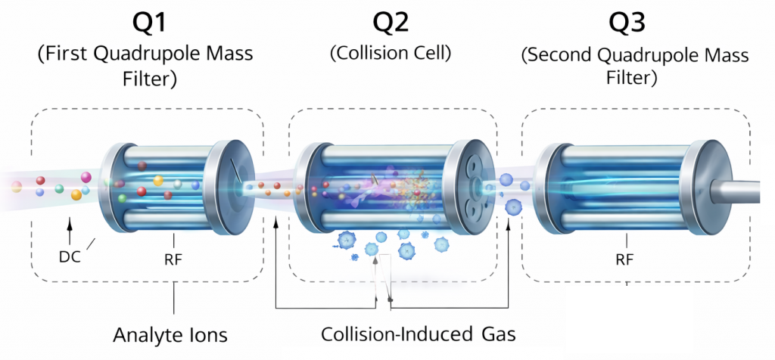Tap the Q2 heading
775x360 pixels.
click(392, 23)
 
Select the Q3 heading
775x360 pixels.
click(627, 23)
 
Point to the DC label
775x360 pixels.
click(70, 256)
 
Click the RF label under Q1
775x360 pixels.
click(173, 259)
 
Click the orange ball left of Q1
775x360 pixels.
click(76, 195)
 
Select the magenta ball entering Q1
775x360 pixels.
click(86, 178)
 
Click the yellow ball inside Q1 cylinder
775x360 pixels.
click(158, 181)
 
